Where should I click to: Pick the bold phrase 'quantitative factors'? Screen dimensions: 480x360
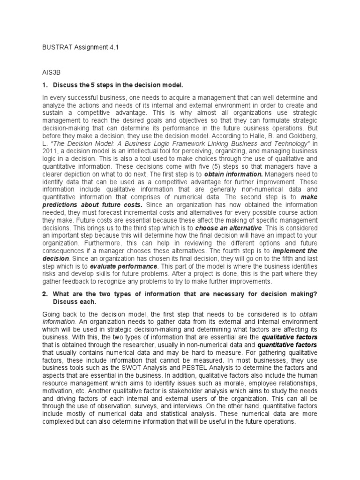coord(287,345)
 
